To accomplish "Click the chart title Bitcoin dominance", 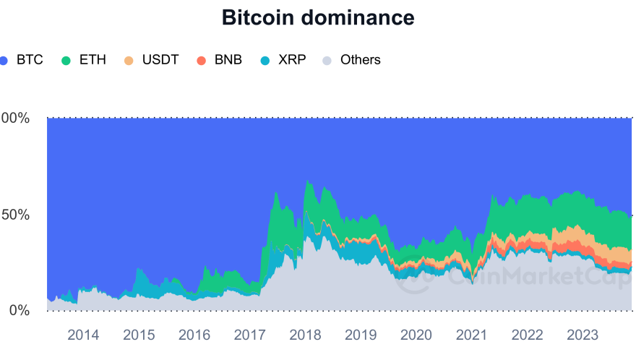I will [318, 18].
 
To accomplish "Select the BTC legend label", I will [30, 60].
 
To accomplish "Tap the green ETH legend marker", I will [66, 60].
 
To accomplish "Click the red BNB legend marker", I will [202, 60].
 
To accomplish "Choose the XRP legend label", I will [292, 60].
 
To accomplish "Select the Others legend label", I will [360, 60].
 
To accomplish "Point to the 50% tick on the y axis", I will [15, 215].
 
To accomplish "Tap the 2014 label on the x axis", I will [83, 335].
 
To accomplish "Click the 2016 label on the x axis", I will [194, 335].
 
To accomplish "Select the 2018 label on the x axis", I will [305, 335].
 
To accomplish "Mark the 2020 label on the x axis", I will [416, 335].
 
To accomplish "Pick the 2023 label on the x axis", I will [583, 335].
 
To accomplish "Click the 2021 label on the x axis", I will [472, 335].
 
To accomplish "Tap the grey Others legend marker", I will [327, 60].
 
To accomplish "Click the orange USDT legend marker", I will [129, 60].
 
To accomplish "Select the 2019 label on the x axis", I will [361, 335].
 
